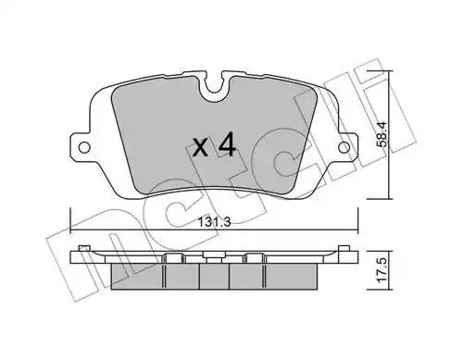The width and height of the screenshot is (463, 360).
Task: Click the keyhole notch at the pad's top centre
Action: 214,89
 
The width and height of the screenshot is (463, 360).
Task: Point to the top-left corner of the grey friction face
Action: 112,79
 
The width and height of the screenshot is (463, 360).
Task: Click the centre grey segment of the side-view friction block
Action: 214,274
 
